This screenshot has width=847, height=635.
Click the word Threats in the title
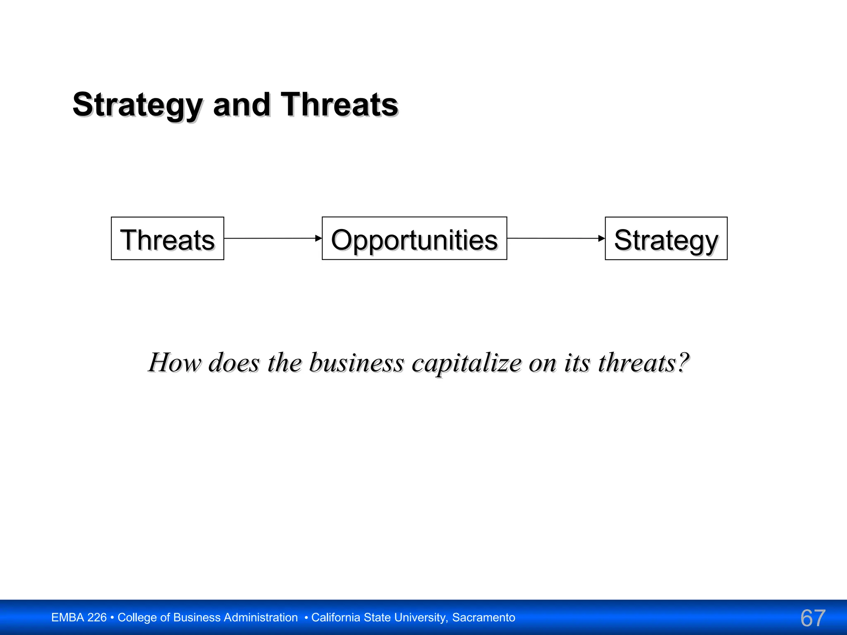tap(339, 105)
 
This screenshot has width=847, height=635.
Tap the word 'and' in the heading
tap(242, 105)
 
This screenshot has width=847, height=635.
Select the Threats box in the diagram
tap(167, 239)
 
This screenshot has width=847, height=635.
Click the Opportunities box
tap(414, 239)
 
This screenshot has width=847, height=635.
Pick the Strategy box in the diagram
tap(666, 239)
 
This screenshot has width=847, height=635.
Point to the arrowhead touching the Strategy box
tap(602, 238)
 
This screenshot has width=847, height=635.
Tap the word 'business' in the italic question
tap(356, 363)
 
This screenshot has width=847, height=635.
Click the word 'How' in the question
tap(175, 363)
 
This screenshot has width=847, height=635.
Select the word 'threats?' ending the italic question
tap(644, 363)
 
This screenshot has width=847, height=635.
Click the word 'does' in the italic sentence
tap(234, 363)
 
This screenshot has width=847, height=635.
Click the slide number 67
tap(813, 618)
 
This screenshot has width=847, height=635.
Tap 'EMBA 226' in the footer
tap(79, 618)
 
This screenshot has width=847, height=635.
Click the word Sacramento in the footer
tap(483, 618)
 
